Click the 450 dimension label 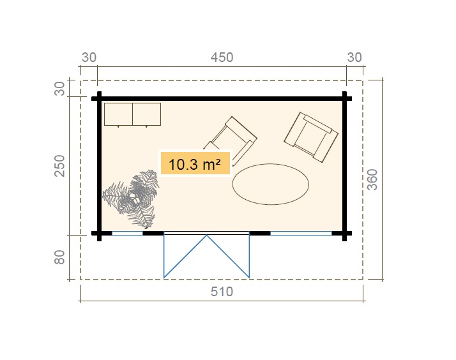[222, 57]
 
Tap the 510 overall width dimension [222, 292]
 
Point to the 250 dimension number [60, 166]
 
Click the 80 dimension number [60, 258]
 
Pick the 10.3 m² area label [194, 164]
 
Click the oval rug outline [271, 184]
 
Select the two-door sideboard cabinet [132, 114]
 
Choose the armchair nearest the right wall [312, 135]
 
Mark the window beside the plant [127, 234]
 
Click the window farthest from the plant [301, 234]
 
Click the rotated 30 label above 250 [60, 89]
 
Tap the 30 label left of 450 [89, 57]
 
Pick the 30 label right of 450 [354, 57]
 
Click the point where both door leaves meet [206, 236]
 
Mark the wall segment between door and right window [259, 234]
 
